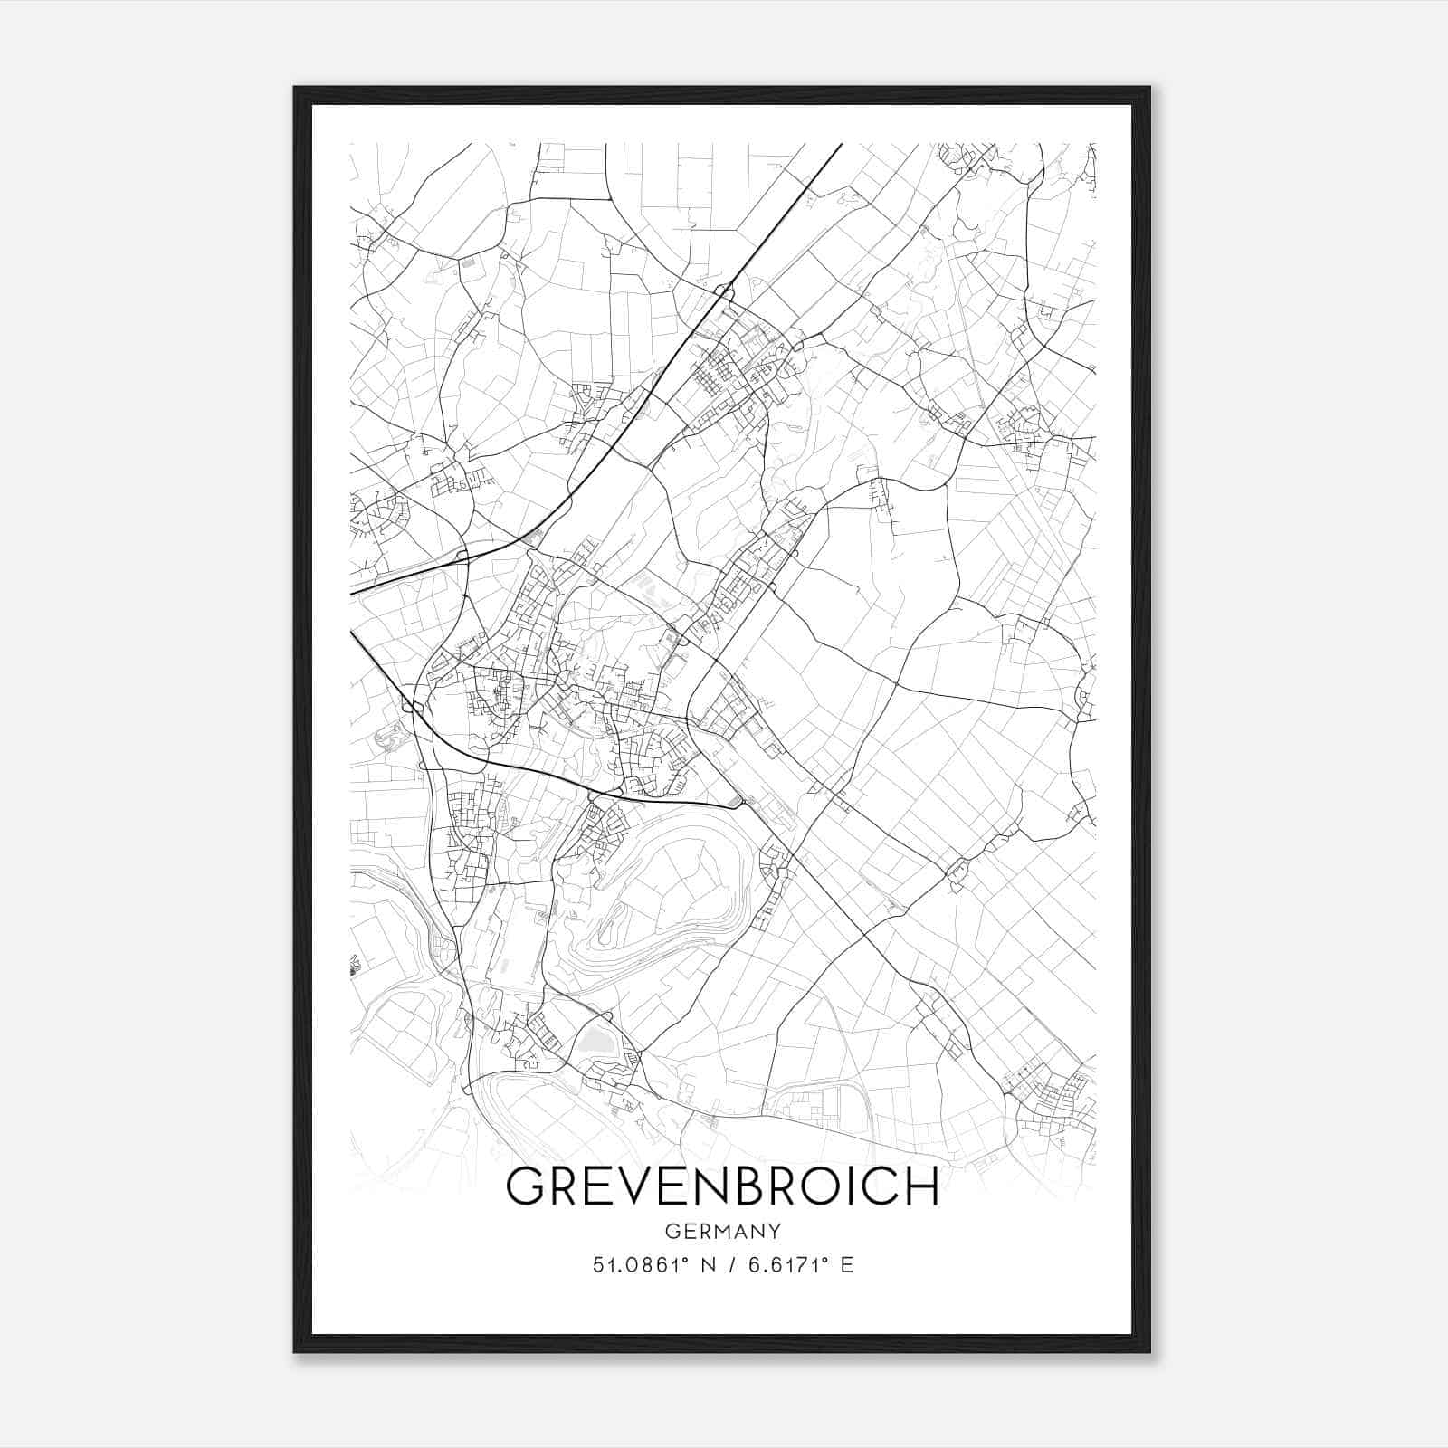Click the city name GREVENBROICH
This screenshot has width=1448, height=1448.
tap(722, 1186)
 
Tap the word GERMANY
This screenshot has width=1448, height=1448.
tap(722, 1231)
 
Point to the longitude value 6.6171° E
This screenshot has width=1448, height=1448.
tap(795, 1264)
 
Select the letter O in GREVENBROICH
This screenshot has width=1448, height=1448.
tap(832, 1186)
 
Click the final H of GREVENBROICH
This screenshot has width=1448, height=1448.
tap(924, 1186)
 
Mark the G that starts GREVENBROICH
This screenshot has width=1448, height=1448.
tap(525, 1186)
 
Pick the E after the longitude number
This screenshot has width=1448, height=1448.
tap(846, 1264)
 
